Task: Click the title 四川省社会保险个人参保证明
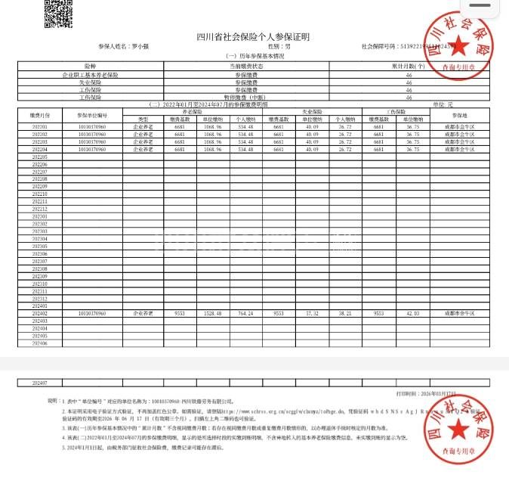253,37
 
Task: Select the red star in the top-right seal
457,51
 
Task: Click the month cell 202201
39,126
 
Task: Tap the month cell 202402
39,312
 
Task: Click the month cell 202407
39,383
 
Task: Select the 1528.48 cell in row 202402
212,312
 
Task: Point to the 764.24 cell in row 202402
245,312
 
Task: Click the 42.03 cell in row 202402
412,312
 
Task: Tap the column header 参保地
460,115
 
